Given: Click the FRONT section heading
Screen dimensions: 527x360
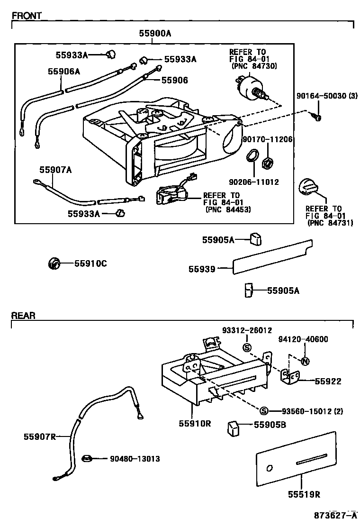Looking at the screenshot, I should [27, 16].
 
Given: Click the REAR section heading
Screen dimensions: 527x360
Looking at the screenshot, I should [23, 315].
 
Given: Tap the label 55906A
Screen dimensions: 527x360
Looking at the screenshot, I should [63, 71].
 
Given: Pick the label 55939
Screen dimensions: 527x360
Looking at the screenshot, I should [202, 269].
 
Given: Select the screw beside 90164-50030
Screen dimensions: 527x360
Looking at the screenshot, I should [316, 115].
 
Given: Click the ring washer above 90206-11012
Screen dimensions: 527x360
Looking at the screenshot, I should [253, 155].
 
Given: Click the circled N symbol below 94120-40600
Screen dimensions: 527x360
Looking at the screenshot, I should [305, 361].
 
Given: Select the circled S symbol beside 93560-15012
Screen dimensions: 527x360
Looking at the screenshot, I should [264, 410].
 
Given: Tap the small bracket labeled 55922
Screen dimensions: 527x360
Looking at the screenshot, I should [290, 376].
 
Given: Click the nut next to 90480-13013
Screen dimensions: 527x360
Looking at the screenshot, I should [87, 458].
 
